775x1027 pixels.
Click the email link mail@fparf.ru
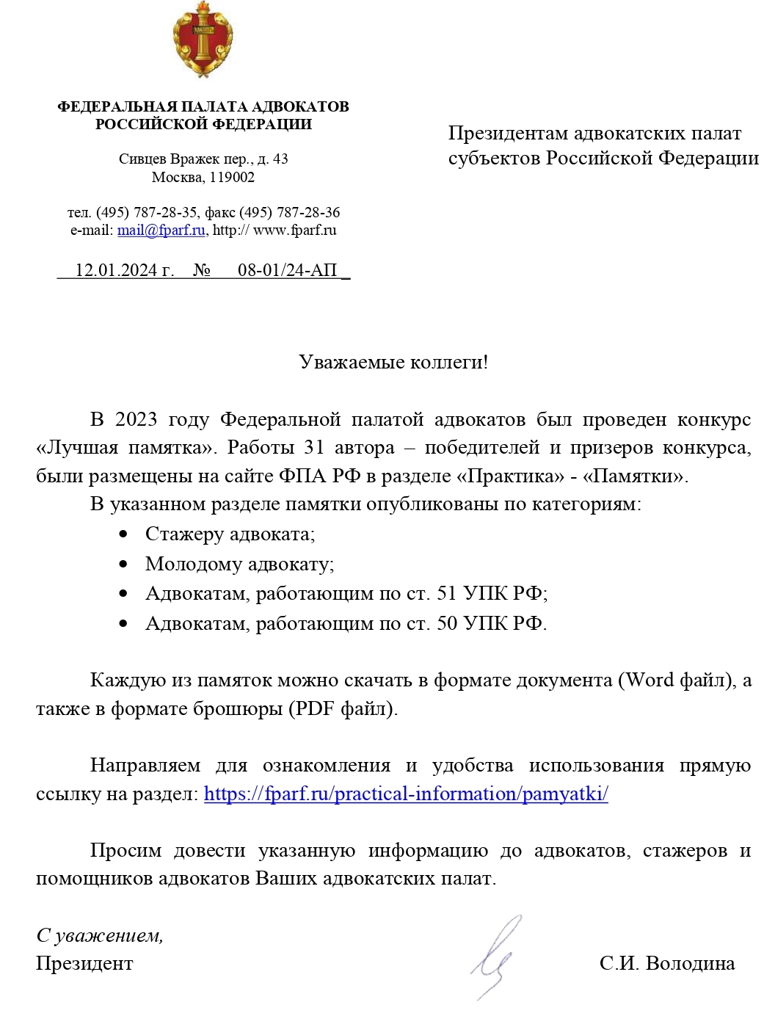click(161, 231)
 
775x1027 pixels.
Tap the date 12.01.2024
click(116, 270)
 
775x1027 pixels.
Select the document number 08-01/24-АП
click(287, 270)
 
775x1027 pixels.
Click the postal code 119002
click(231, 177)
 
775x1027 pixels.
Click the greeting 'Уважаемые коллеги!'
click(393, 362)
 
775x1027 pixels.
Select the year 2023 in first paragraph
click(136, 419)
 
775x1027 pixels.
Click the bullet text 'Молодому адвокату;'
click(239, 564)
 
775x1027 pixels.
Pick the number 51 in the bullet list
click(447, 593)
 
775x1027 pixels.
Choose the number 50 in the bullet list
click(447, 623)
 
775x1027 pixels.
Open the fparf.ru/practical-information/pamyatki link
click(406, 794)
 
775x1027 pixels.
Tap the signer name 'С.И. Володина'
click(666, 963)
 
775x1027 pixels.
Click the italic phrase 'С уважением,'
click(100, 935)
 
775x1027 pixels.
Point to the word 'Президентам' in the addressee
click(507, 134)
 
